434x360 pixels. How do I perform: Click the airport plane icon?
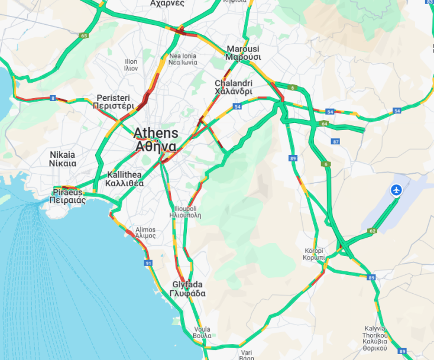[396, 190]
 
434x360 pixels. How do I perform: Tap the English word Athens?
[154, 132]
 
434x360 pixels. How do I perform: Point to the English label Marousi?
[243, 48]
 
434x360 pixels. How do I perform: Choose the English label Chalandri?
[233, 83]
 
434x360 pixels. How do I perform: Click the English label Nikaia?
[63, 154]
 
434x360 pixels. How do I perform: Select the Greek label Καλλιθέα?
[125, 183]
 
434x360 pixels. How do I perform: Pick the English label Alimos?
[145, 229]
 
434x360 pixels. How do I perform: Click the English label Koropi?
[314, 250]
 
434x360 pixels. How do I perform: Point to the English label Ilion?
[131, 61]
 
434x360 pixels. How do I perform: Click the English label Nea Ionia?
[182, 56]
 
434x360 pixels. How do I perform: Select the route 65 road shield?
[83, 36]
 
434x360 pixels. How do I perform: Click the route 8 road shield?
[53, 98]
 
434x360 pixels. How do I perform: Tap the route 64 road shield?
[325, 124]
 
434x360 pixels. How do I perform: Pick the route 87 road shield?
[336, 141]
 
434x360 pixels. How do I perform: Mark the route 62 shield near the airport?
[372, 231]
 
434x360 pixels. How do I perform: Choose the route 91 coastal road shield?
[148, 263]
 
